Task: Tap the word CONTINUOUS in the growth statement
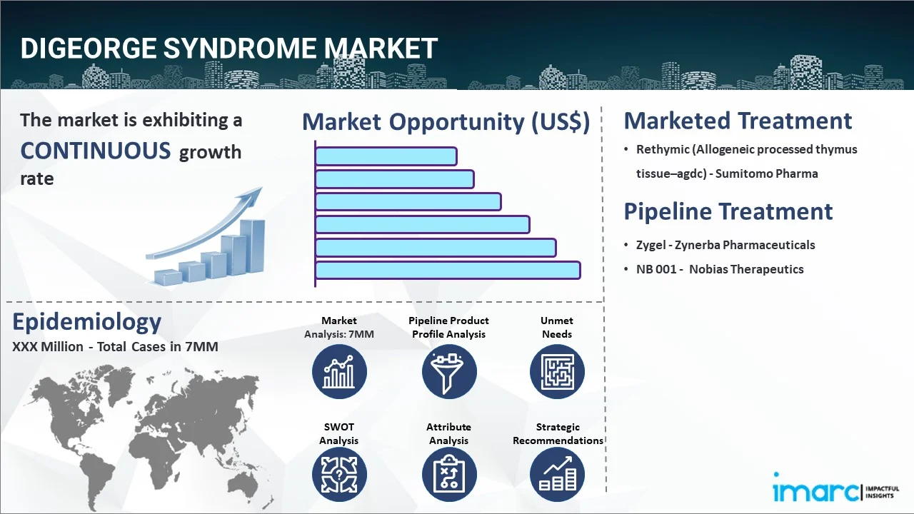click(96, 151)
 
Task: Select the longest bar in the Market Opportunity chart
click(447, 270)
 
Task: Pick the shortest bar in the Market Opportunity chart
click(386, 156)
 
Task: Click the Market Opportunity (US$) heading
click(446, 122)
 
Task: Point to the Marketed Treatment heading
click(738, 121)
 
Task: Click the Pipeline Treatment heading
click(728, 211)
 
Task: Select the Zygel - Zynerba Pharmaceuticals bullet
click(725, 245)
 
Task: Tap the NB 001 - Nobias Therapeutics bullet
click(719, 269)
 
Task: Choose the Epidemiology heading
click(86, 322)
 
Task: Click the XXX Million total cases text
click(114, 347)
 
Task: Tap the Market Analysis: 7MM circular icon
click(339, 372)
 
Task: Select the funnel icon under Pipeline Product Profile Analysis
click(448, 372)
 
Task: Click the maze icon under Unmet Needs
click(557, 372)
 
